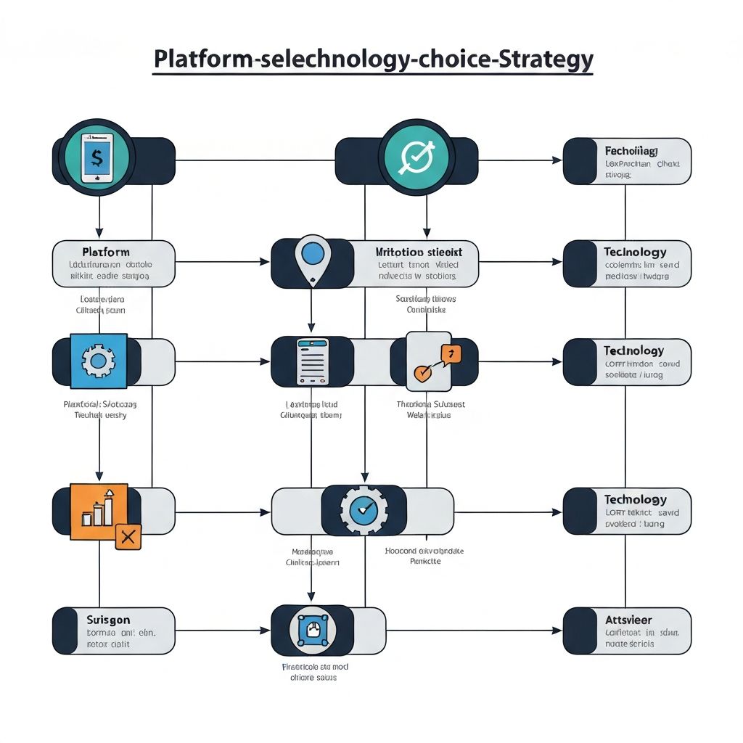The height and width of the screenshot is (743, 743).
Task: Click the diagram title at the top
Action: pos(373,59)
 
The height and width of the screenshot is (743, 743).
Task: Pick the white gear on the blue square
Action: pos(99,361)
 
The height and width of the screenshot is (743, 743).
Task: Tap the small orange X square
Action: pos(128,537)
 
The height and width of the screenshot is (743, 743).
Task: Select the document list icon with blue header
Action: pos(312,361)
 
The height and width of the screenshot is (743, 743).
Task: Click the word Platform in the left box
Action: pos(106,252)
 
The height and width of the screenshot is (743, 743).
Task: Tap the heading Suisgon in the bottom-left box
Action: pos(108,620)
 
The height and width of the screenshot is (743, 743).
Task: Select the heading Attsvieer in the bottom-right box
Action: pos(628,620)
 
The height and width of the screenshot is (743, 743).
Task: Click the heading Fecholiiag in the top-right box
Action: pos(631,151)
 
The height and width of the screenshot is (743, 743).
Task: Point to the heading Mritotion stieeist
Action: pos(418,252)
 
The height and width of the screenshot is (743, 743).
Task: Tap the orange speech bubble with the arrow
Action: pos(450,353)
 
